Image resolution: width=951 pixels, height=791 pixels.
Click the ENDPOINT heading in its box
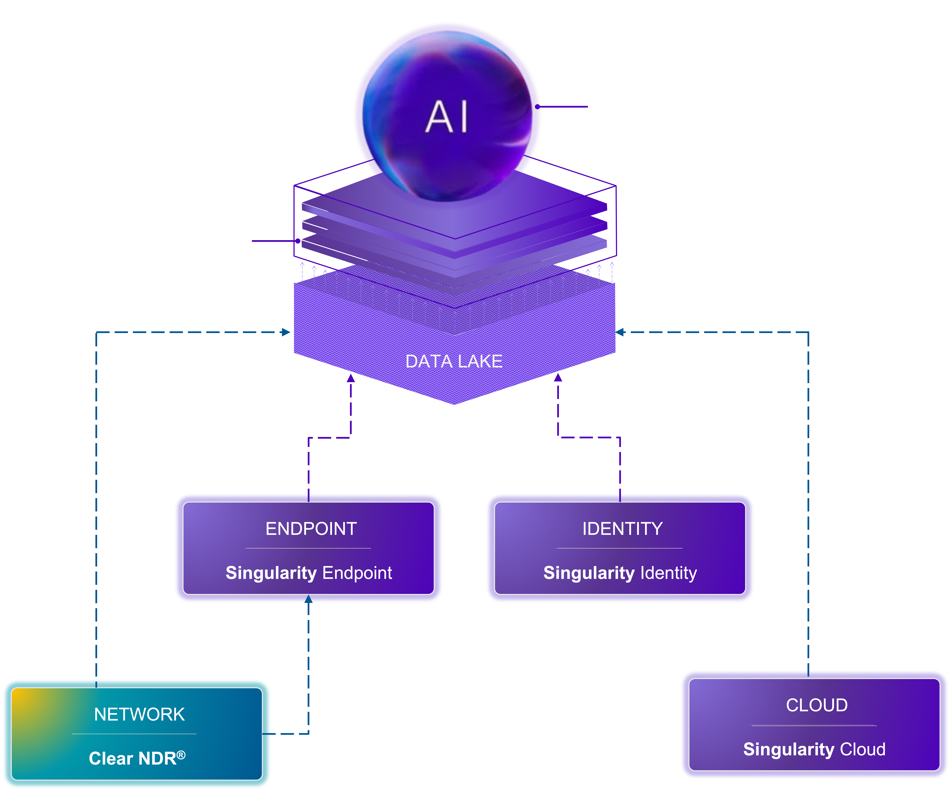(311, 529)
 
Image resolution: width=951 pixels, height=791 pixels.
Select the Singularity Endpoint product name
(309, 573)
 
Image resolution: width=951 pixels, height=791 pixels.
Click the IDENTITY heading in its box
(622, 529)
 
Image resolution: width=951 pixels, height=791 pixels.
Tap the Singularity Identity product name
(620, 573)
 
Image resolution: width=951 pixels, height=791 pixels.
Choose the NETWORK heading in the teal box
(139, 714)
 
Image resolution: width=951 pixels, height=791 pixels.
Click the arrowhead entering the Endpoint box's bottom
(308, 599)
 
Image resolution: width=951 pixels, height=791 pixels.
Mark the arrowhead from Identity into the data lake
(558, 378)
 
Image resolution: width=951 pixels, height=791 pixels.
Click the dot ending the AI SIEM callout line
(298, 241)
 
